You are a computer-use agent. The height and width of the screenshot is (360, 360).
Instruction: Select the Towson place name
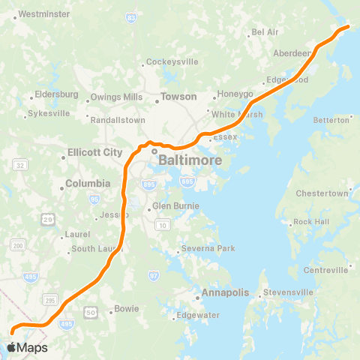[x=179, y=97]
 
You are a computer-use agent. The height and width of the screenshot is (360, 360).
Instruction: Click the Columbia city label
[x=88, y=183]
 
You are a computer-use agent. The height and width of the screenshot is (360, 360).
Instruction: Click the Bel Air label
[x=265, y=32]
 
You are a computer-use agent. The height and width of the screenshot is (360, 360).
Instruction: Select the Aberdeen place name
[x=292, y=54]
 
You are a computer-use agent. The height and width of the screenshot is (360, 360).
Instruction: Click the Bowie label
[x=127, y=308]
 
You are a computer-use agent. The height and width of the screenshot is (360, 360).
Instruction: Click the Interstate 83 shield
[x=132, y=16]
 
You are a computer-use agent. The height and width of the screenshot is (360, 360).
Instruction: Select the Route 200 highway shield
[x=16, y=246]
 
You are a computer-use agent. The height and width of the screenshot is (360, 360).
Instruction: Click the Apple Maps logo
[x=27, y=347]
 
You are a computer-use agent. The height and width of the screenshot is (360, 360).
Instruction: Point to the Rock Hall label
[x=310, y=222]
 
